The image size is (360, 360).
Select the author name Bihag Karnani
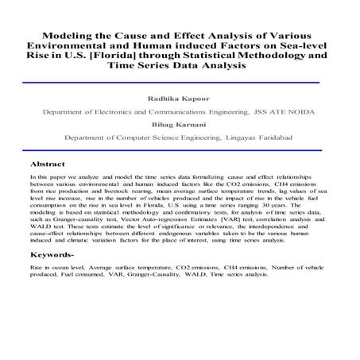[179, 126]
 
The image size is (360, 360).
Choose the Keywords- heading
[57, 256]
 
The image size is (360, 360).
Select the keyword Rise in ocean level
[56, 271]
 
